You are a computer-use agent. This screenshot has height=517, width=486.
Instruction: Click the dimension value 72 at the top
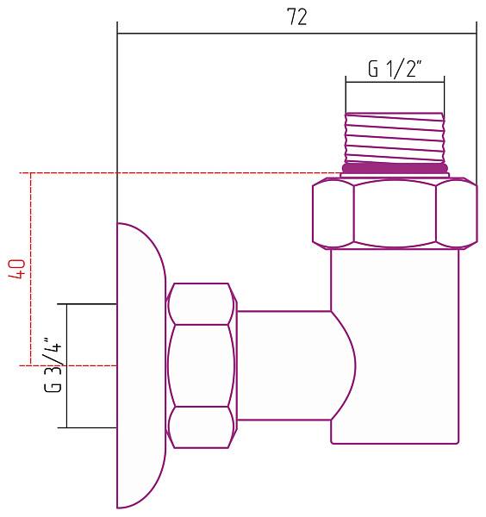click(296, 17)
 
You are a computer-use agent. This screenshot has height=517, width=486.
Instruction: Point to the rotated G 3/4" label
click(53, 366)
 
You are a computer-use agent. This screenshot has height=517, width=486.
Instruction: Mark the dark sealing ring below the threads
click(396, 168)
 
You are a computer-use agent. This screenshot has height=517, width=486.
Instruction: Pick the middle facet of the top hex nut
click(395, 213)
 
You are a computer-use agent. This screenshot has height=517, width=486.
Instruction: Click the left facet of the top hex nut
click(332, 213)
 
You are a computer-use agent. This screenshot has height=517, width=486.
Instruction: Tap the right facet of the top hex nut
click(456, 213)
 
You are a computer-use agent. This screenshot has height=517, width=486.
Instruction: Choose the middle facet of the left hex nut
click(201, 364)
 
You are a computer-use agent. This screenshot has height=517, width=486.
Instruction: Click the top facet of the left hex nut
click(201, 303)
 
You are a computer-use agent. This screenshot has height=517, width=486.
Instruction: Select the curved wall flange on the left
click(139, 364)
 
